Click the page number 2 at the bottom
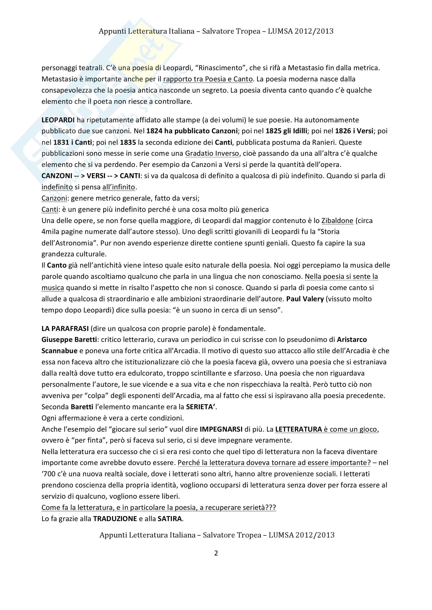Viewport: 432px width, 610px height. pyautogui.click(x=216, y=553)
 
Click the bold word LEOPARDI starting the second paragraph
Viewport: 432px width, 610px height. pyautogui.click(x=58, y=120)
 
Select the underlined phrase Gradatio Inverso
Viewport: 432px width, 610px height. pyautogui.click(x=212, y=153)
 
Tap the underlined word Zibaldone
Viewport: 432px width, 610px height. pyautogui.click(x=337, y=221)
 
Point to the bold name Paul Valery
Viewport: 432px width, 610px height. pyautogui.click(x=305, y=299)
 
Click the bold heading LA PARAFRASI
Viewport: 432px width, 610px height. pyautogui.click(x=65, y=329)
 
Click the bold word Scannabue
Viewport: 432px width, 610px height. pyautogui.click(x=59, y=351)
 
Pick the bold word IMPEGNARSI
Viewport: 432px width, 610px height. pyautogui.click(x=221, y=429)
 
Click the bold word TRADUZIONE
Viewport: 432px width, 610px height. pyautogui.click(x=115, y=519)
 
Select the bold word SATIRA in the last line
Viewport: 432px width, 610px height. pyautogui.click(x=170, y=519)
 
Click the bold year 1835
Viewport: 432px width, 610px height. pyautogui.click(x=128, y=142)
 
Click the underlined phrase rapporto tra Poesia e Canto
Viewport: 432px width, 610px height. pyautogui.click(x=208, y=79)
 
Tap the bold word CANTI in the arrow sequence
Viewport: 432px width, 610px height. pyautogui.click(x=130, y=176)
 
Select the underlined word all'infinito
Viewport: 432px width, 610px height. pyautogui.click(x=119, y=187)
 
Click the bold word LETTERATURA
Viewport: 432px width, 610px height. pyautogui.click(x=299, y=429)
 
